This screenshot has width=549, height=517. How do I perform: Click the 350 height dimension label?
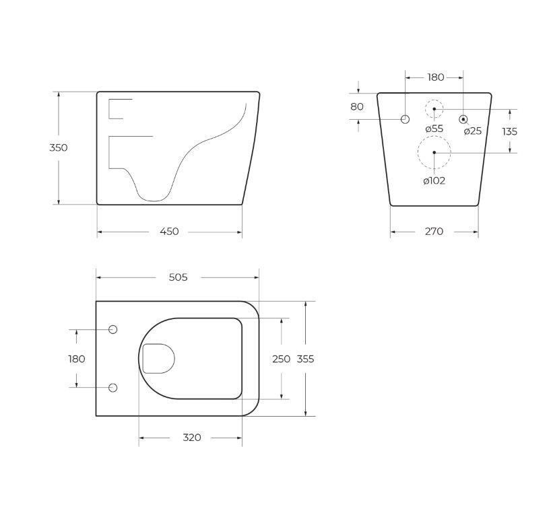pyautogui.click(x=59, y=147)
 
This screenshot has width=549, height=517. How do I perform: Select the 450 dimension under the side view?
pyautogui.click(x=169, y=232)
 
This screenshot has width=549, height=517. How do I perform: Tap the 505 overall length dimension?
pyautogui.click(x=178, y=277)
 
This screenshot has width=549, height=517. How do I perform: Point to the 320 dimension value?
pyautogui.click(x=192, y=438)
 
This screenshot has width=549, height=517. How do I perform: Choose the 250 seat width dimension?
pyautogui.click(x=281, y=359)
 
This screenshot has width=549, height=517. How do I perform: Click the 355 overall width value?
pyautogui.click(x=306, y=359)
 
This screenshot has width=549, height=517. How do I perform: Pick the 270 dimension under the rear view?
pyautogui.click(x=434, y=232)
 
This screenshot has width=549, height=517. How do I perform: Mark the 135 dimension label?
pyautogui.click(x=509, y=131)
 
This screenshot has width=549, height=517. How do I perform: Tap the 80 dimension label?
pyautogui.click(x=357, y=106)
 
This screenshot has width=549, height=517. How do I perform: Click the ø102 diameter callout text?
pyautogui.click(x=434, y=180)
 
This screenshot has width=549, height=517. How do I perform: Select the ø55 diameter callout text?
pyautogui.click(x=434, y=129)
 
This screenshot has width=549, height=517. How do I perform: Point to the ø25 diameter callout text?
pyautogui.click(x=472, y=131)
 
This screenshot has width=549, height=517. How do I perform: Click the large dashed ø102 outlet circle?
pyautogui.click(x=434, y=153)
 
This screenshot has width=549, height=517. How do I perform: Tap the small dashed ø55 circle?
pyautogui.click(x=434, y=108)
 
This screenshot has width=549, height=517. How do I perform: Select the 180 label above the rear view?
pyautogui.click(x=436, y=77)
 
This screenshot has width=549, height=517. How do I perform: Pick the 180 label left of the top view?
pyautogui.click(x=77, y=359)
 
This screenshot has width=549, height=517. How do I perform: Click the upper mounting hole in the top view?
pyautogui.click(x=112, y=329)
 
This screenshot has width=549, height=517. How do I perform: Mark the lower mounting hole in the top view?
pyautogui.click(x=112, y=388)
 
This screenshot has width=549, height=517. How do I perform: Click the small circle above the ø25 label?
pyautogui.click(x=463, y=119)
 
